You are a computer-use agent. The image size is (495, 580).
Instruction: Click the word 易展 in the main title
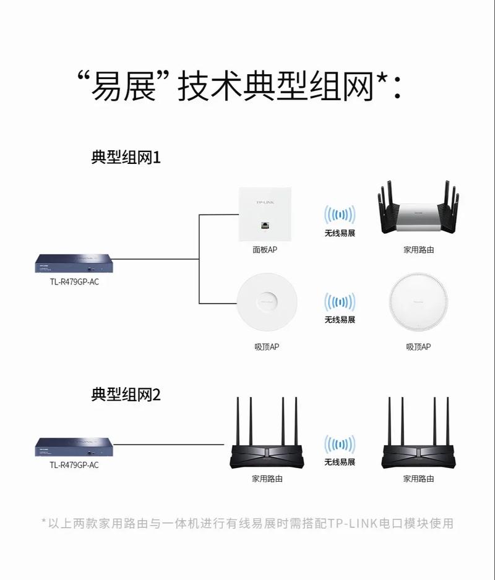pos(124,87)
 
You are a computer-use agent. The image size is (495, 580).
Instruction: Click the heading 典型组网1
pos(126,157)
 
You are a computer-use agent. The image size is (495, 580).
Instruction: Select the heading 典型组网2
pos(126,394)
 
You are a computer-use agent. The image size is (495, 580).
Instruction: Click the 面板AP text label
pos(264,250)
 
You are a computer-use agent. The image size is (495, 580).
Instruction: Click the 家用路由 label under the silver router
pos(418,250)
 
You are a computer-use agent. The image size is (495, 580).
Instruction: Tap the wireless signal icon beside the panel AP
pos(340,215)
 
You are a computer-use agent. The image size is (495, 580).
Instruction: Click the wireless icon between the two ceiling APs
pos(340,302)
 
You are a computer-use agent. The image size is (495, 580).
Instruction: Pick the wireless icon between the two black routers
pos(340,444)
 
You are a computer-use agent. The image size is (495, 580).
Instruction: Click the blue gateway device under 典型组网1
pos(74,263)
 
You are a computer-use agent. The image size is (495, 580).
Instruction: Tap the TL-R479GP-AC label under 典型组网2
pos(74,465)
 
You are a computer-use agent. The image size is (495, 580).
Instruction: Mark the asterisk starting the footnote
pos(44,522)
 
